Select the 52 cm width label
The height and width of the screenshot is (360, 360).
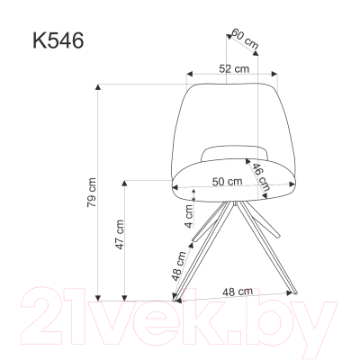point(234,68)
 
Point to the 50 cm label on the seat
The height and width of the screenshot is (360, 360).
point(226,180)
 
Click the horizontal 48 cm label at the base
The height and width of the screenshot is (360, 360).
point(236,291)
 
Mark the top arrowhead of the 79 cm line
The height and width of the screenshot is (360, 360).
point(99,87)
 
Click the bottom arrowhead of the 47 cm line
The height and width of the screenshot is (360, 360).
point(126,296)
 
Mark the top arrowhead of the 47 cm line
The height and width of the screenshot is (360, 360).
point(126,181)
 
